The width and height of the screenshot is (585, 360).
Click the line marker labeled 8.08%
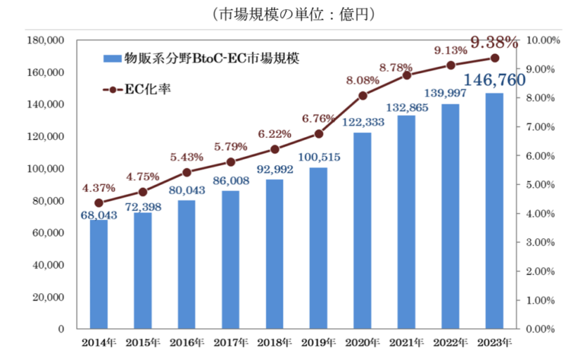click(363, 95)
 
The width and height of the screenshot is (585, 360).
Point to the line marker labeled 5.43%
click(187, 172)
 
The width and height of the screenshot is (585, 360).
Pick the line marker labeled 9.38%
click(494, 58)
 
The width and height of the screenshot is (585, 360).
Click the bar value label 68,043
click(99, 215)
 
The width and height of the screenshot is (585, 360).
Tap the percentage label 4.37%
click(99, 189)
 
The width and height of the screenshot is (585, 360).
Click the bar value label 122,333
click(363, 123)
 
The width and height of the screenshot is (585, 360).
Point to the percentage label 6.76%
click(318, 119)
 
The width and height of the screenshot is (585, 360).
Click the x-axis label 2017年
click(231, 342)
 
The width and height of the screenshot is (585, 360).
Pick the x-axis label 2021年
click(407, 342)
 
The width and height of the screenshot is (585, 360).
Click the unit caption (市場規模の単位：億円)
click(292, 13)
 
